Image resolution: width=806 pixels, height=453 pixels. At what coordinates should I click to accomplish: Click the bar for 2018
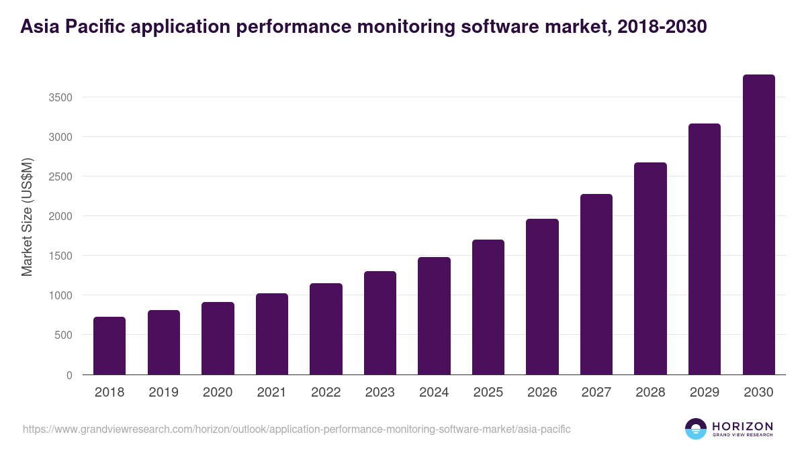pos(109,346)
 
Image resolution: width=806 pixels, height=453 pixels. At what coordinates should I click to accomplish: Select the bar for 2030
pos(758,225)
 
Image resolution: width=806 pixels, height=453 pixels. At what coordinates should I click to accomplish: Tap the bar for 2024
pos(434,315)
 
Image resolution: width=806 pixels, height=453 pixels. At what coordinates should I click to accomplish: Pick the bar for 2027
pos(596,284)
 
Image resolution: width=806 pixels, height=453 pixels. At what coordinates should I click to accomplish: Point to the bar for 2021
pos(271,334)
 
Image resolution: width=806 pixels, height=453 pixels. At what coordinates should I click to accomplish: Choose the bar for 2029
pos(705,249)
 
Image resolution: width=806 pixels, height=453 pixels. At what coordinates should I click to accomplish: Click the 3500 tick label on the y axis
pos(59,97)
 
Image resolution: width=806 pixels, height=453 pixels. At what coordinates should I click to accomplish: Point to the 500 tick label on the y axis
pos(62,335)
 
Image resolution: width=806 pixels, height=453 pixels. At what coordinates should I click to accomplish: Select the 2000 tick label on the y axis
pos(59,216)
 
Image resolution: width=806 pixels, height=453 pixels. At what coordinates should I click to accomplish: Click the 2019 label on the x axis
pos(163,393)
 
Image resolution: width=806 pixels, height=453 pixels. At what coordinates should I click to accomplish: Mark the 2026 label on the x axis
pos(542,393)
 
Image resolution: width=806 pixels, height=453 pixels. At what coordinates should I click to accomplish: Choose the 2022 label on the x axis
pos(326,393)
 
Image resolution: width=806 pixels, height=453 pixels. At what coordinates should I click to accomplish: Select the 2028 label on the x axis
pos(650,393)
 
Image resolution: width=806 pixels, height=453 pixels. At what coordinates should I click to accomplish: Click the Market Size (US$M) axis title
pos(27,216)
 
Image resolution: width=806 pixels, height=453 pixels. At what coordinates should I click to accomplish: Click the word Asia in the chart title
pos(40,27)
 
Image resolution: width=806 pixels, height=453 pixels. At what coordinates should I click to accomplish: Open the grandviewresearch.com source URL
pos(296,429)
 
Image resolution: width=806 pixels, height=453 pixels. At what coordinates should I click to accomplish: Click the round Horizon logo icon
pos(696,429)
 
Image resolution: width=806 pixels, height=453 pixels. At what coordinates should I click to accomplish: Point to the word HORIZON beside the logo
pos(742,425)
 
